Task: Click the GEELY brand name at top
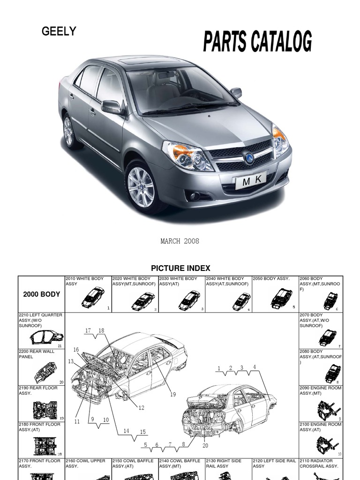pos(59,31)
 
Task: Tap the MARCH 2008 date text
pos(180,241)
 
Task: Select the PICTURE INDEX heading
pos(180,268)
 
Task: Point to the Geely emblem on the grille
pos(249,158)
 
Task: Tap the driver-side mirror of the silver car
pos(112,107)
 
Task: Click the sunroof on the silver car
pos(150,60)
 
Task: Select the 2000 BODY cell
pos(41,294)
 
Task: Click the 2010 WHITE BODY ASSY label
pos(85,281)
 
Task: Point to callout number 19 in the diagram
pos(173,394)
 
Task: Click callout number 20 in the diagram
pos(205,445)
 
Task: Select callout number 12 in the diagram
pos(142,408)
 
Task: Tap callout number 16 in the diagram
pos(76,350)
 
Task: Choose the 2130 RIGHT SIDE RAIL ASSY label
pos(224,463)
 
